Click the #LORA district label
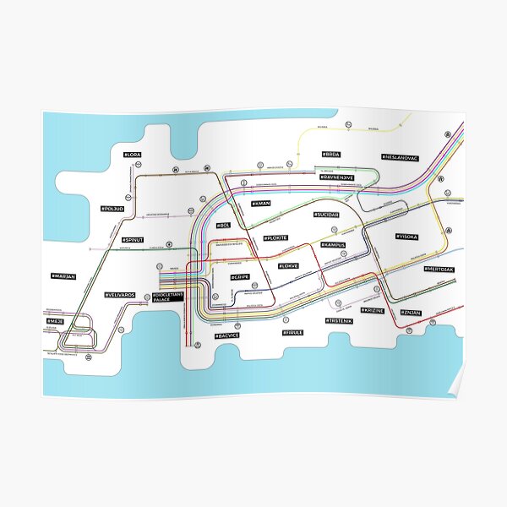point(134,155)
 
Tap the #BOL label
point(223,225)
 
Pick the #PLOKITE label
point(275,238)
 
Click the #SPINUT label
point(133,240)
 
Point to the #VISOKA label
point(407,237)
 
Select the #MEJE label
point(56,322)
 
